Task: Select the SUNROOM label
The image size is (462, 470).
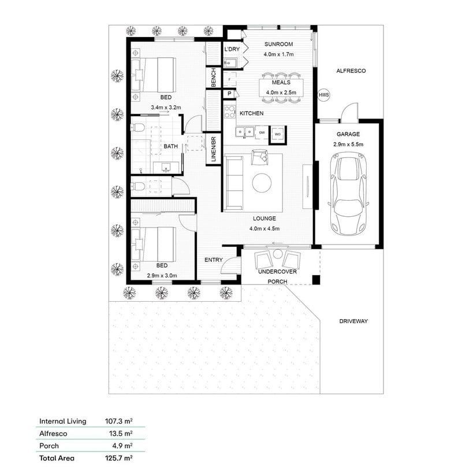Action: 279,45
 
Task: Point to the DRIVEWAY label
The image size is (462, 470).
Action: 353,321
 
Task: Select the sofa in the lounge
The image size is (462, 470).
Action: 234,182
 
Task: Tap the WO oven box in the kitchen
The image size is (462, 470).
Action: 277,134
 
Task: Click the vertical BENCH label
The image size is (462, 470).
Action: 214,78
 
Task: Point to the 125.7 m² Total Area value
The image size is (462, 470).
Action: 121,458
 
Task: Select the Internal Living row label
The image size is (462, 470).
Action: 63,421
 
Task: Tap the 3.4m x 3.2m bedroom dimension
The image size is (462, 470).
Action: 166,108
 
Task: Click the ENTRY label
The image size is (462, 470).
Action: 213,260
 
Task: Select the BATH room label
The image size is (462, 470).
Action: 170,146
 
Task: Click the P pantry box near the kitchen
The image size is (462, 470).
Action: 229,94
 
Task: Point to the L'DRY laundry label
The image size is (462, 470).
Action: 232,50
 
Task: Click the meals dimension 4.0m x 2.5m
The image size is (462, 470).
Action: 281,92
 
